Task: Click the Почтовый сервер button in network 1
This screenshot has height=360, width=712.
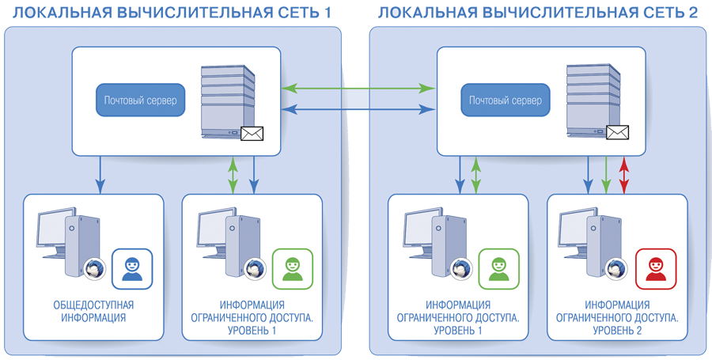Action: coord(140,100)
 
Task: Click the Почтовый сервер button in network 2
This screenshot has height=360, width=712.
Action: coord(505,100)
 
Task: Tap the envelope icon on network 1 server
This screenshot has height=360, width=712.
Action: coord(252,133)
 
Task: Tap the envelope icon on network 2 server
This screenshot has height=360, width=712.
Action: coord(617,133)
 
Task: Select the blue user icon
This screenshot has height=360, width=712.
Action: coord(132,268)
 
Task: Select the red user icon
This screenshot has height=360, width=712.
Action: coord(656,268)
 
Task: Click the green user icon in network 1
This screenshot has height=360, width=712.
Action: coord(293,268)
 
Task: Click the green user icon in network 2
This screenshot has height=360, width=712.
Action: coord(499,268)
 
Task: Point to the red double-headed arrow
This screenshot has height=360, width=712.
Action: coord(624,175)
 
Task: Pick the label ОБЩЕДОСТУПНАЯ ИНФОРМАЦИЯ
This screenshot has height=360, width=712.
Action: coord(93,312)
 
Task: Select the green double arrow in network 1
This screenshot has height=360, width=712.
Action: coord(233,175)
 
